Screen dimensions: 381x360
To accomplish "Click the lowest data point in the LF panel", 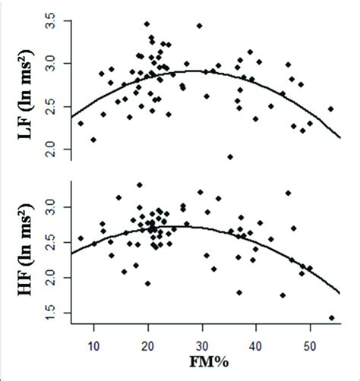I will click(230, 157).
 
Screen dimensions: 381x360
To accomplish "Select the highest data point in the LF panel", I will click(147, 24).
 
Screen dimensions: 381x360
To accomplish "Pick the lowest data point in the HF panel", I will click(331, 318).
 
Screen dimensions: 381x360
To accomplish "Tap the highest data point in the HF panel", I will click(140, 184).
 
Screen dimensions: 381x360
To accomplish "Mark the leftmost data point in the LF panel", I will click(81, 123).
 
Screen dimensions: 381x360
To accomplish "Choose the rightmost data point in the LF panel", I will click(330, 109).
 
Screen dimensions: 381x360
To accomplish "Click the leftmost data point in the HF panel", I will click(81, 238).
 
